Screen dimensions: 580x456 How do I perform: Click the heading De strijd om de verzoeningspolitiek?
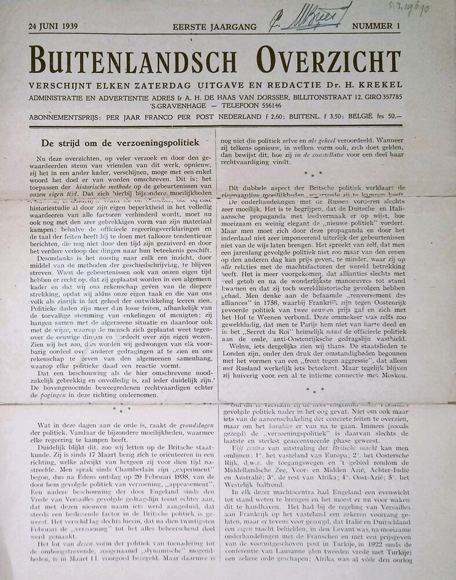coord(121,142)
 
